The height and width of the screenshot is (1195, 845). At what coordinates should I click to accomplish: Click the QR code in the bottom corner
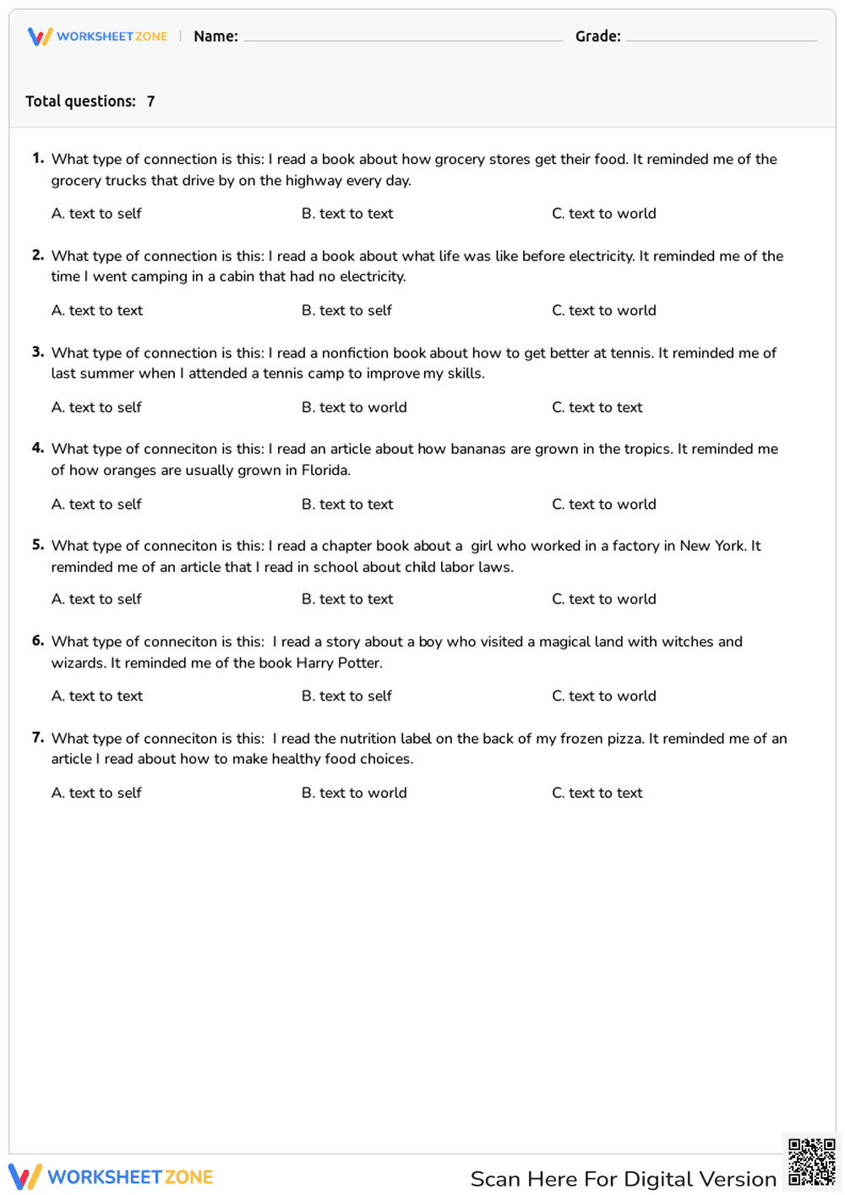point(811,1162)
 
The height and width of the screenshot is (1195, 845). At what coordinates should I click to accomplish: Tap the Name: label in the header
point(215,36)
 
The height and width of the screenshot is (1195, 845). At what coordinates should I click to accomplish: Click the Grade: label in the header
point(597,36)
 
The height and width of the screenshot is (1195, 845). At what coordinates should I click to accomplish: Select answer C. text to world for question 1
point(603,214)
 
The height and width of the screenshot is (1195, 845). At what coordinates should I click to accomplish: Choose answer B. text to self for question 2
point(346,311)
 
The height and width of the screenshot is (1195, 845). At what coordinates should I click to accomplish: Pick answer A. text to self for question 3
point(96,407)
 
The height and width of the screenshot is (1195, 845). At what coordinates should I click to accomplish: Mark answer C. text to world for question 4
point(603,505)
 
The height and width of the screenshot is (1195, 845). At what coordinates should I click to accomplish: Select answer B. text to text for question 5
point(347,599)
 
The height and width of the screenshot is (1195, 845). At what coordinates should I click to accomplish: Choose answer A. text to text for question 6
point(97,696)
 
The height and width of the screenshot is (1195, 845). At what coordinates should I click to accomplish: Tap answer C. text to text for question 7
point(597,794)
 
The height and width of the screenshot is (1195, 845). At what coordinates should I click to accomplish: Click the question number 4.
point(38,449)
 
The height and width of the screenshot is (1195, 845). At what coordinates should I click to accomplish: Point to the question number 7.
point(38,738)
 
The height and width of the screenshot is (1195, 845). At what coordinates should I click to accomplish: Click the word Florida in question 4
point(325,471)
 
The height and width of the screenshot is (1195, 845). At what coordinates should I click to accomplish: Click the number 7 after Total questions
point(150,101)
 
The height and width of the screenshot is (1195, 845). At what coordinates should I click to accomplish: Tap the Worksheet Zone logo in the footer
point(111,1177)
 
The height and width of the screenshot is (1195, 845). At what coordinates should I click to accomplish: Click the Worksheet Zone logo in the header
point(97,36)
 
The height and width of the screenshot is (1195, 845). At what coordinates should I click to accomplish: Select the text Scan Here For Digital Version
point(623,1179)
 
